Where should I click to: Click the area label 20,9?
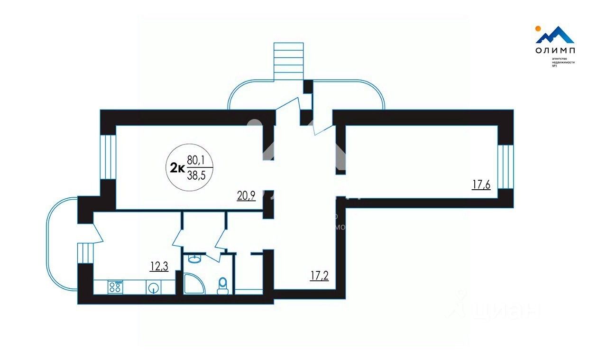coord(247,195)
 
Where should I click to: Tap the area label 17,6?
coord(481,185)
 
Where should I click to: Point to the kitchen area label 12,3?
coord(159,266)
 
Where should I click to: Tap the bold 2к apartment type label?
coord(177,167)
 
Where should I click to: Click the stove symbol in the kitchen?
coord(115,286)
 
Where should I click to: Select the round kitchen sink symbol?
coord(153,287)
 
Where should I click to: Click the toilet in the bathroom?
coord(222,286)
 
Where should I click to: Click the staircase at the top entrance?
coord(288,60)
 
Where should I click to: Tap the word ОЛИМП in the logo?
coord(556,51)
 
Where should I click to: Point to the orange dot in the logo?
coord(538,28)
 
